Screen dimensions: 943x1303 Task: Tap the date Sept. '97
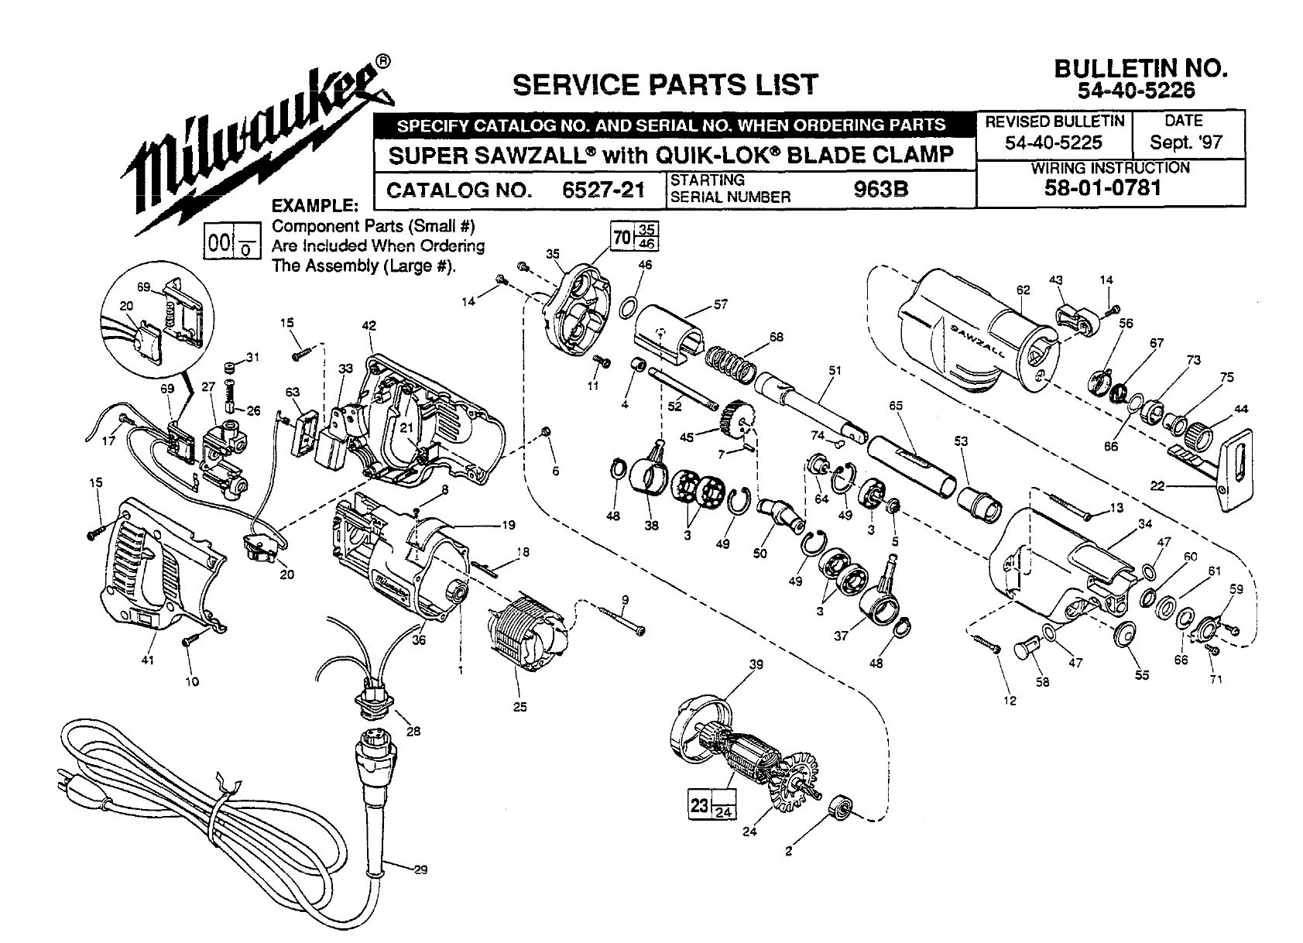click(1185, 142)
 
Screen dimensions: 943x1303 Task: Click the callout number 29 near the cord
click(420, 869)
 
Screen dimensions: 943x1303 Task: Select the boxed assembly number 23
click(700, 805)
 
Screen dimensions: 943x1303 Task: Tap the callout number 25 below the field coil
click(520, 706)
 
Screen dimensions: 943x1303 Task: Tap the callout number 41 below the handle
click(148, 660)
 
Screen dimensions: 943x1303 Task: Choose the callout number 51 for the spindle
click(834, 370)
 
